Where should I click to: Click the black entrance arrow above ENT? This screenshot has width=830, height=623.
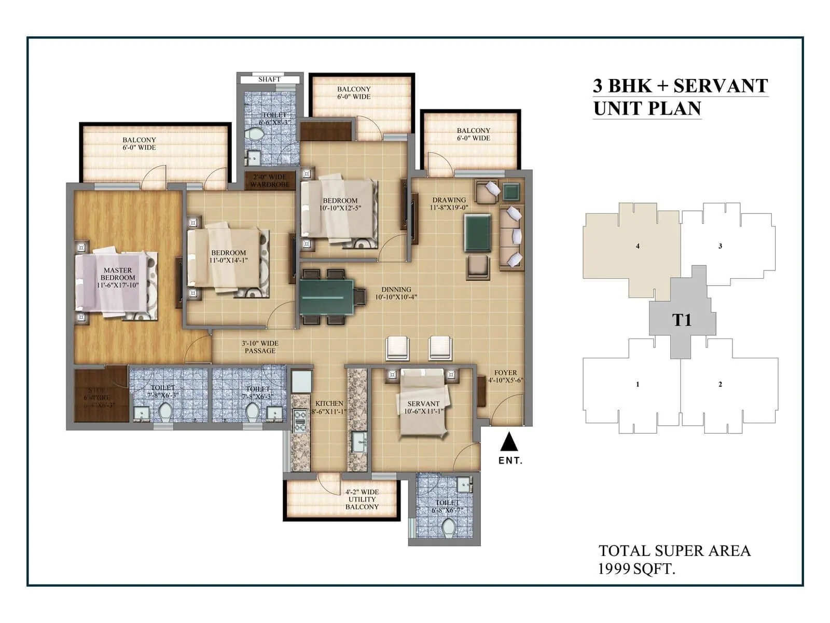click(509, 442)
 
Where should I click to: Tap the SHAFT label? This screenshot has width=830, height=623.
click(269, 79)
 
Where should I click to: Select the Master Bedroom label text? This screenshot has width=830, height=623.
click(118, 278)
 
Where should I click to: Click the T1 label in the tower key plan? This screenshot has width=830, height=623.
click(682, 320)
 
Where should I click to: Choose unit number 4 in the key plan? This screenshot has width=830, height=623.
click(638, 246)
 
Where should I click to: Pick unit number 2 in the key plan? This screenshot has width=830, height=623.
click(720, 384)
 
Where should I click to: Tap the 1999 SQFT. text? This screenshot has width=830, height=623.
click(637, 569)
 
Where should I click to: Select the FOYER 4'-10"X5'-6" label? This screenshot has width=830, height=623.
click(505, 376)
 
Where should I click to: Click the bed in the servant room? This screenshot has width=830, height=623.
click(422, 405)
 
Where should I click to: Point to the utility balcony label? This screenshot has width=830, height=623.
click(362, 499)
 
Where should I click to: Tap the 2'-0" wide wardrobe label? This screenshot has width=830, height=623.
click(270, 181)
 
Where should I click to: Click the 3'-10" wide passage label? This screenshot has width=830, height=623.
click(260, 347)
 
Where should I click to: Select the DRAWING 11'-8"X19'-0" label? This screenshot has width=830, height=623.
click(449, 204)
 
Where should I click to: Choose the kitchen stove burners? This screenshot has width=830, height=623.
click(299, 421)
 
